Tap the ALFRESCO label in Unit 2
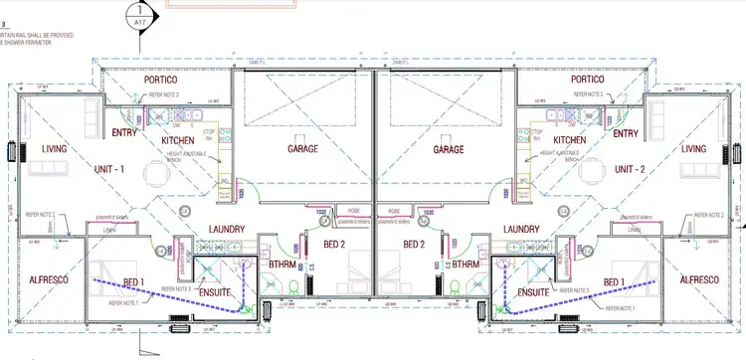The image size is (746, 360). click(x=699, y=281)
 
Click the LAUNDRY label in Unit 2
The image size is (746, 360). click(x=521, y=229)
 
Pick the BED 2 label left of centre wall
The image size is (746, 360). click(x=334, y=244)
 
